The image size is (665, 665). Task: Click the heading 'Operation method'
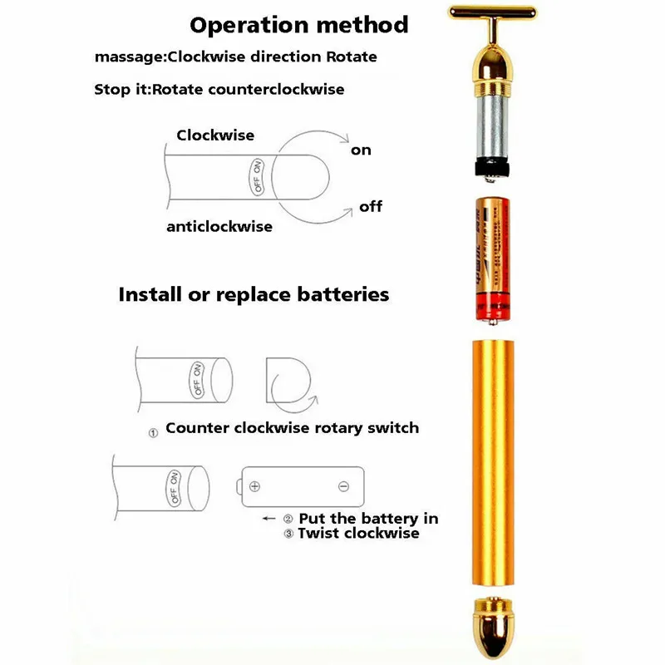pos(299,24)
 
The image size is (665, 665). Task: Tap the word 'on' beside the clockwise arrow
pos(361,150)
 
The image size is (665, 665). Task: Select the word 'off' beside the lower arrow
pos(371,206)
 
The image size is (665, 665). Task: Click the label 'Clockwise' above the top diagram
pos(215,135)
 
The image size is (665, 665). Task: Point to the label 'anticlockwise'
pos(219,226)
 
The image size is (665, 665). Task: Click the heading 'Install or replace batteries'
pos(254,294)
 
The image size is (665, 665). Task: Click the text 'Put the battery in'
pos(368,518)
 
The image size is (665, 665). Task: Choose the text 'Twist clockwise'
pos(358,533)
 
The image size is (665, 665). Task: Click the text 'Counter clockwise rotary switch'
pos(292,428)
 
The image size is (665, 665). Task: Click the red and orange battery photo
pos(492,258)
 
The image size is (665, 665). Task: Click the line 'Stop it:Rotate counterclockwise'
pos(219,89)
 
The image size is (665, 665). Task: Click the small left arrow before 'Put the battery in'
pos(268,518)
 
